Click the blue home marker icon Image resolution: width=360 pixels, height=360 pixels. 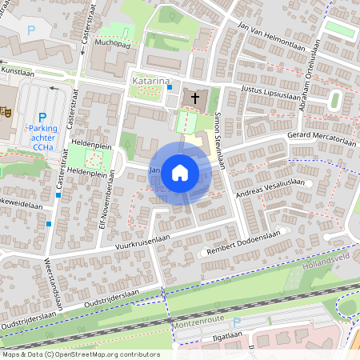[x=180, y=172]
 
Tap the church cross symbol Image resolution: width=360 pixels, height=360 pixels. [x=194, y=98]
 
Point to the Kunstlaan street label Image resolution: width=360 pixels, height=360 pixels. [x=18, y=72]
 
